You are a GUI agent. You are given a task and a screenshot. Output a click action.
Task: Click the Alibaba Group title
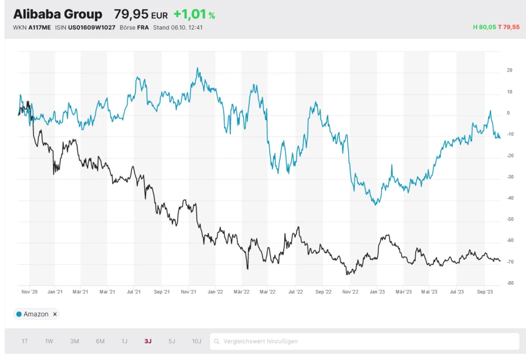pos(58,14)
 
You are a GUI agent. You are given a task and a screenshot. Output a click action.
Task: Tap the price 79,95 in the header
pos(131,14)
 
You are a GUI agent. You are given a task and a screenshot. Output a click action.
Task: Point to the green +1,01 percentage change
pos(190,14)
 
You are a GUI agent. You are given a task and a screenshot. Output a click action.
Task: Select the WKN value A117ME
pos(39,27)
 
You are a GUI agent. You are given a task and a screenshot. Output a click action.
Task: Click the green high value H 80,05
pos(484,27)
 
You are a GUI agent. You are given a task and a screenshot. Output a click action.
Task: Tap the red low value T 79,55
pos(509,27)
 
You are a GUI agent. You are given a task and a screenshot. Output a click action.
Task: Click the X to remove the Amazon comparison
pos(55,314)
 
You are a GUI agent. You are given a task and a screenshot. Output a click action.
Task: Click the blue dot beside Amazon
pos(19,314)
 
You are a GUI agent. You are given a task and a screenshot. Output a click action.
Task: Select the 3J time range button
pos(148,341)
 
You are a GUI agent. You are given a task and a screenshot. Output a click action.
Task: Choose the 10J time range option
pos(197,341)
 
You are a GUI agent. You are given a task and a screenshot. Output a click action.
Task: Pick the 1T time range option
pos(25,341)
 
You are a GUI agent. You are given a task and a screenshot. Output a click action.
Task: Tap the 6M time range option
pos(100,341)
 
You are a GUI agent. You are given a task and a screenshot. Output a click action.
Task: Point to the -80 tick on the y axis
pos(510,283)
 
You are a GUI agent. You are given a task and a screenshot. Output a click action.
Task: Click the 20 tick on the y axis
pos(509,70)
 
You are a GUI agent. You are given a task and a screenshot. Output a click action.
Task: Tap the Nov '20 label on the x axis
pos(29,292)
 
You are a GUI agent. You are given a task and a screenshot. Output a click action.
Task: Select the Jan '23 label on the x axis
pos(377,292)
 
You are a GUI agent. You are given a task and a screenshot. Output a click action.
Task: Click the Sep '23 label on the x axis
pos(484,292)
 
